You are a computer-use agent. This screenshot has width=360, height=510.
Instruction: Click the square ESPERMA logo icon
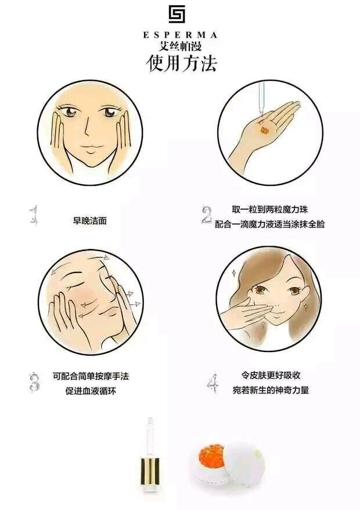(177, 15)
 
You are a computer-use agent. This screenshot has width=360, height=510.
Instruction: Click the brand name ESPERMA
(180, 35)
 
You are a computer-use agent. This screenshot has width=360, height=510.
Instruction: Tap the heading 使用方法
(181, 63)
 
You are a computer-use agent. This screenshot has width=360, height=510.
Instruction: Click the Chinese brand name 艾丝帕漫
(180, 45)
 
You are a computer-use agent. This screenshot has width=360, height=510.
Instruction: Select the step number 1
(34, 215)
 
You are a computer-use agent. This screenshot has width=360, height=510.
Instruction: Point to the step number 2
(206, 215)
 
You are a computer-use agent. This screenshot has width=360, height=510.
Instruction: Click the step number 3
(34, 382)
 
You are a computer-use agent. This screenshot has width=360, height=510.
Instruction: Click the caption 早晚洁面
(90, 221)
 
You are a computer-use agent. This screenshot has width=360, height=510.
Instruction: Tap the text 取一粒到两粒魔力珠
(269, 209)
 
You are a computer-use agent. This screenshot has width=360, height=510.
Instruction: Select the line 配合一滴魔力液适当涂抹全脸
(269, 224)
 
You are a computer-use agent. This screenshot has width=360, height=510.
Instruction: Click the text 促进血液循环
(91, 390)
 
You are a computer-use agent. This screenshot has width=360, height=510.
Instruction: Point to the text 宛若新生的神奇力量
(271, 390)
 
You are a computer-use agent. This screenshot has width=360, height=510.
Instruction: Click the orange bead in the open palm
(264, 130)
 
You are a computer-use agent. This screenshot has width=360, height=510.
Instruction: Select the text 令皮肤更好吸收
(271, 375)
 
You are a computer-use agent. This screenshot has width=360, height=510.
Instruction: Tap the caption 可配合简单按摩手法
(91, 376)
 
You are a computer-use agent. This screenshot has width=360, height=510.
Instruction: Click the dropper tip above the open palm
(261, 112)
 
